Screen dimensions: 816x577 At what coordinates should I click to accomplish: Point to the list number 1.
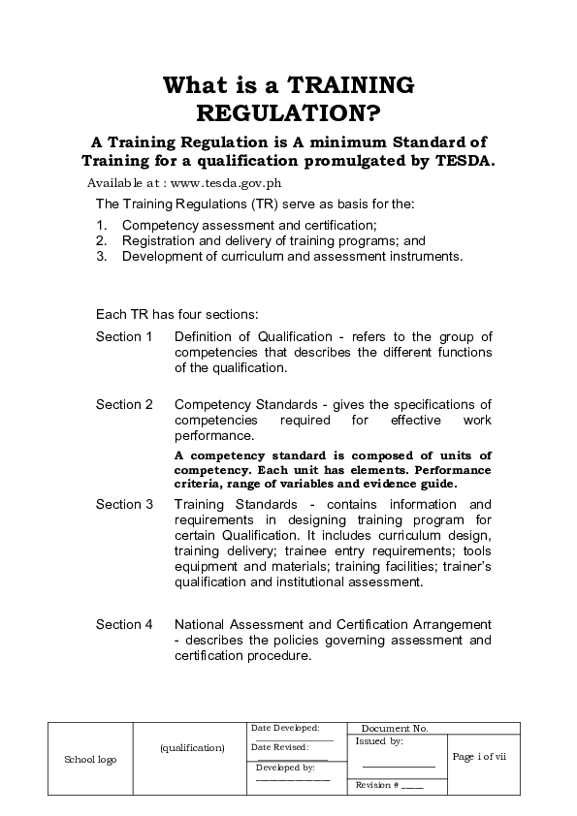101,225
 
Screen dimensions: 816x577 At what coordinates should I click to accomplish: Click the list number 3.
101,257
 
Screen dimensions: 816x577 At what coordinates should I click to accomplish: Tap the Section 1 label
124,336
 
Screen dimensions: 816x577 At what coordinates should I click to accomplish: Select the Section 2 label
124,404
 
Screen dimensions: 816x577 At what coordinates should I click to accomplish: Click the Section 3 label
124,504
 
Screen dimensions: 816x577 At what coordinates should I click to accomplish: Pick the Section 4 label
124,624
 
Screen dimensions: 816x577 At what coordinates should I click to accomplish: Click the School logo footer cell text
89,760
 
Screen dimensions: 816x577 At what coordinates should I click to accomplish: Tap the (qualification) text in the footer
192,747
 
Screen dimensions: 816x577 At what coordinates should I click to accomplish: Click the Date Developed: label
285,727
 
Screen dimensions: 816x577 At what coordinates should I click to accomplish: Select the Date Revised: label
279,747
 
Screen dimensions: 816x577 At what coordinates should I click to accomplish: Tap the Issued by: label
379,740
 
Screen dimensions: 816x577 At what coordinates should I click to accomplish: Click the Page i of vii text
480,756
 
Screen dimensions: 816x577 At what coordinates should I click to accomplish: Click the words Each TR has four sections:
176,314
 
